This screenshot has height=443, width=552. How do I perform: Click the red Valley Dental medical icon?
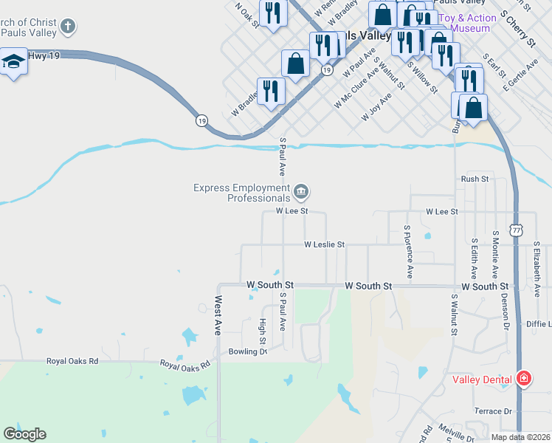pyautogui.click(x=523, y=380)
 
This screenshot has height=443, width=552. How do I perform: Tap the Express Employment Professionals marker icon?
pyautogui.click(x=301, y=192)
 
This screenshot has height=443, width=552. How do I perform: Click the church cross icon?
pyautogui.click(x=67, y=27)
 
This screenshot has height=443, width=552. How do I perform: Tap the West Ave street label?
pyautogui.click(x=218, y=316)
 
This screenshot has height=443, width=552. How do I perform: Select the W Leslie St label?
pyautogui.click(x=324, y=244)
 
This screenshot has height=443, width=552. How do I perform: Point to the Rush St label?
pyautogui.click(x=475, y=179)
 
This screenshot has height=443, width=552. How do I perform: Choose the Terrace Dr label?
pyautogui.click(x=493, y=411)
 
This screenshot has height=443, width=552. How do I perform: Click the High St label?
pyautogui.click(x=262, y=331)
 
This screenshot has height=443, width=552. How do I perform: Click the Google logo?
pyautogui.click(x=24, y=434)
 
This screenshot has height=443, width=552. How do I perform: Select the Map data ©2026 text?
pyautogui.click(x=521, y=437)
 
